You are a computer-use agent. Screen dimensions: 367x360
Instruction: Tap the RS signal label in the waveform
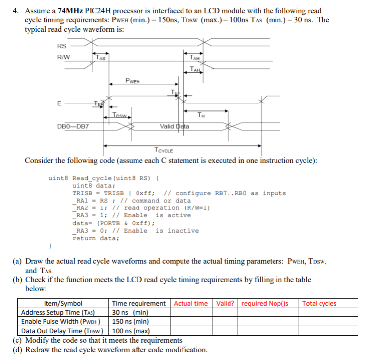[62, 46]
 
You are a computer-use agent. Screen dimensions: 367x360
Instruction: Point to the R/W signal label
[63, 56]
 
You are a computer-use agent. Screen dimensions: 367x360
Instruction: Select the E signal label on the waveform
[59, 104]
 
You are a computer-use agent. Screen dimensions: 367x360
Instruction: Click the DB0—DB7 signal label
[73, 126]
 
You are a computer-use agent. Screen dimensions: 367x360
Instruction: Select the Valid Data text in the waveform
[175, 126]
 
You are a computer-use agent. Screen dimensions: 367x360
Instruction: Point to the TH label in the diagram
[201, 115]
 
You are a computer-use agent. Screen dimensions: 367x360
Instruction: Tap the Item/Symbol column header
[63, 304]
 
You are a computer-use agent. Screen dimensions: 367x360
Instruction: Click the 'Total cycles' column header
[319, 304]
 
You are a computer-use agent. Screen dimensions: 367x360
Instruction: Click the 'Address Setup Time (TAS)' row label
[58, 313]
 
